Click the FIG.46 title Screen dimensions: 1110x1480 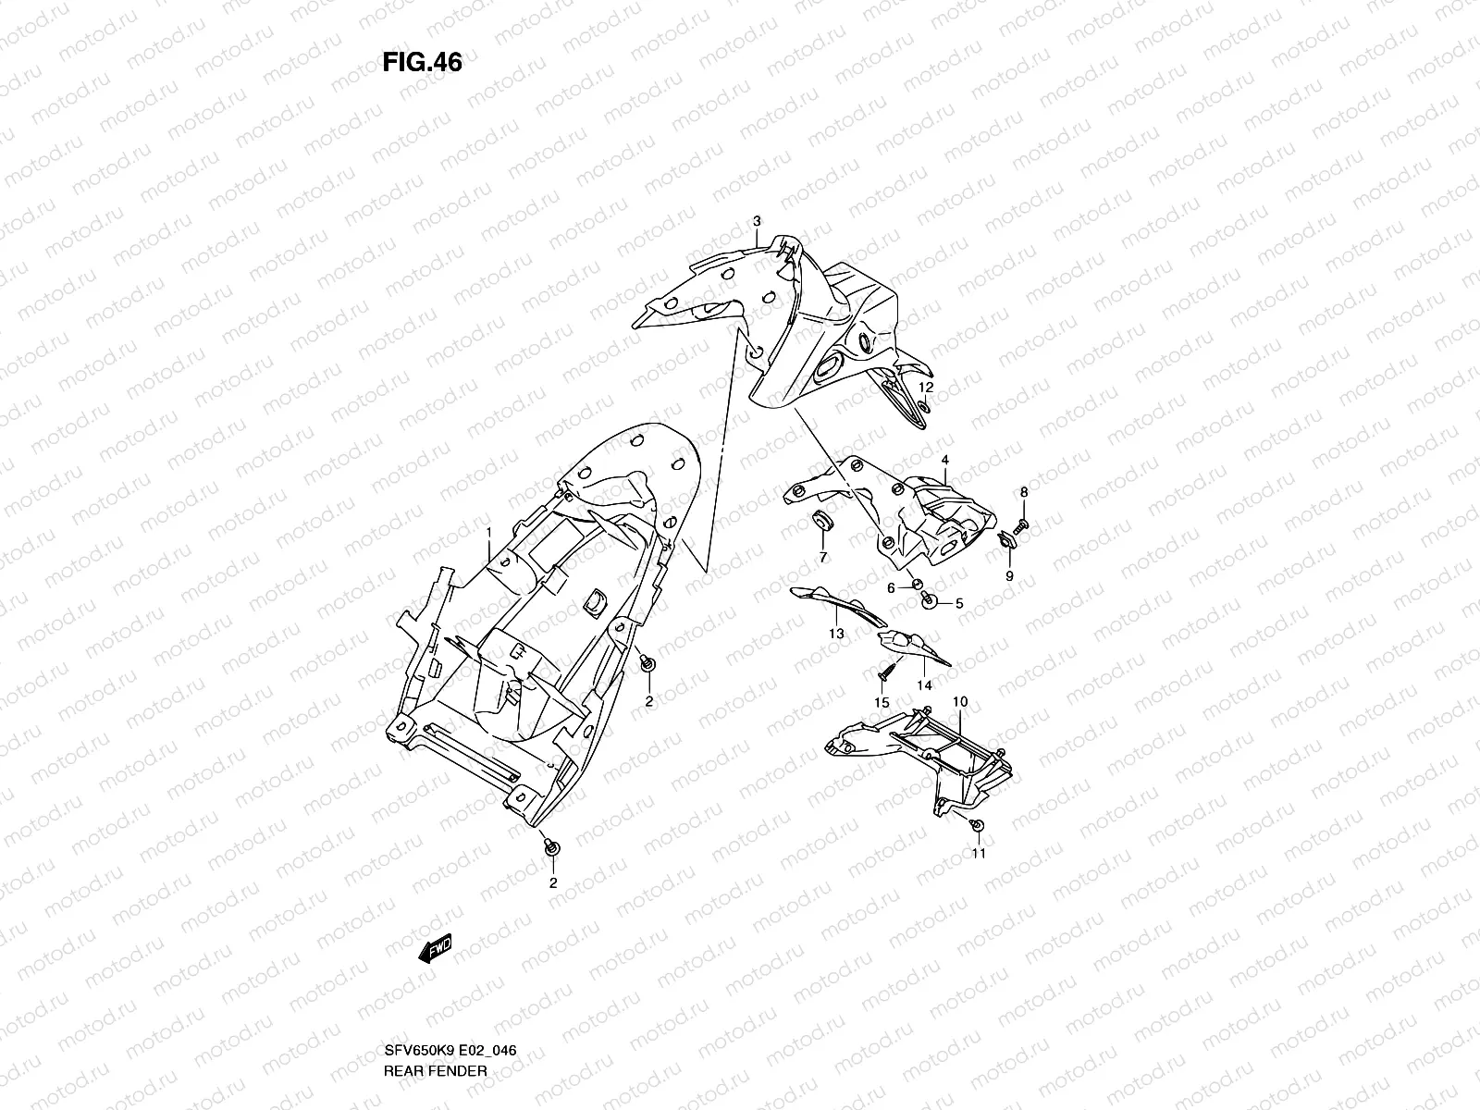point(422,62)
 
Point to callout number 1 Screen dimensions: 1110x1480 point(490,531)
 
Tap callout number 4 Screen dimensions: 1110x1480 point(945,460)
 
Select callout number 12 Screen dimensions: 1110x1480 point(926,386)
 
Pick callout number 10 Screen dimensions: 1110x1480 point(959,702)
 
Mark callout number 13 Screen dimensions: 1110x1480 point(837,634)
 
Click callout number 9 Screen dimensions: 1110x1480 point(1009,575)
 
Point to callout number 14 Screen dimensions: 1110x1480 point(924,684)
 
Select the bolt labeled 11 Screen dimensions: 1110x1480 point(980,824)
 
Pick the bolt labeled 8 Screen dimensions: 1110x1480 point(1021,525)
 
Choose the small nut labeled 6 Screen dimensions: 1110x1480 point(917,585)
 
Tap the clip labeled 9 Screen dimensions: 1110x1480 point(1005,539)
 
